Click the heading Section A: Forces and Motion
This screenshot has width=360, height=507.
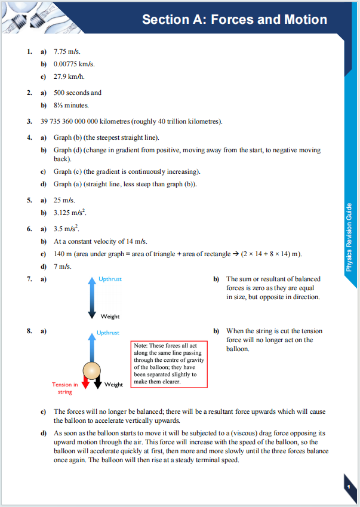coord(234,20)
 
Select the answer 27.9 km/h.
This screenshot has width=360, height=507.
coord(70,76)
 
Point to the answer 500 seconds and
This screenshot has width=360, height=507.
coord(78,93)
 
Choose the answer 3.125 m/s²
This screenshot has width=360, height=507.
coord(73,213)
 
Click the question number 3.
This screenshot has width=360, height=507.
coord(29,122)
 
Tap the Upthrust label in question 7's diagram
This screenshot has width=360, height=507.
coord(110,279)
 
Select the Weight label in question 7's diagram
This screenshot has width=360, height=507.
coord(110,317)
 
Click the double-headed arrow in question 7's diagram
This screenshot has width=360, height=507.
coord(91,297)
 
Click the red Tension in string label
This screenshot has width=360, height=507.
coord(64,388)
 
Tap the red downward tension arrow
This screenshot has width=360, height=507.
coord(85,383)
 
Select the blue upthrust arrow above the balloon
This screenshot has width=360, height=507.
coord(91,347)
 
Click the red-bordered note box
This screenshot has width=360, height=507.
coord(169,364)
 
